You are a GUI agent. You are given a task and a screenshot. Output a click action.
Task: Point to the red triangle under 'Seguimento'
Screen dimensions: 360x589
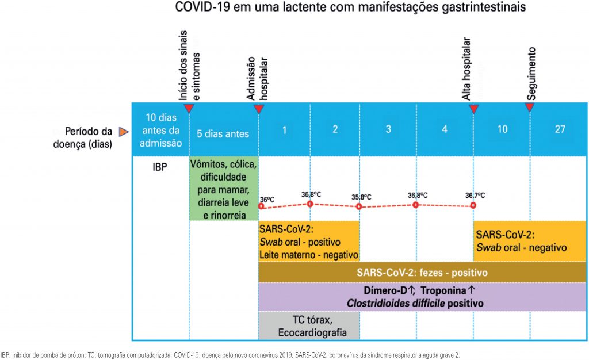(x=530, y=108)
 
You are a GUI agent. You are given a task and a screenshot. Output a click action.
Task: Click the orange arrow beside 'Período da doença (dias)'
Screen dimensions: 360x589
(x=123, y=133)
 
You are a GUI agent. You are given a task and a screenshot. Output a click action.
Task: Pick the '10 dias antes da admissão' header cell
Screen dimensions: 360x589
(x=161, y=130)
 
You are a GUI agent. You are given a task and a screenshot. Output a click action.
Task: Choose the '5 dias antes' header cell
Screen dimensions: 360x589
(x=224, y=133)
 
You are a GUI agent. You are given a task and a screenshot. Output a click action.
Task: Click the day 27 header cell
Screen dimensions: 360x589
(x=560, y=129)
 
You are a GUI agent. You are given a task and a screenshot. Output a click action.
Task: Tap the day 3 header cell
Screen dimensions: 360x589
(x=388, y=129)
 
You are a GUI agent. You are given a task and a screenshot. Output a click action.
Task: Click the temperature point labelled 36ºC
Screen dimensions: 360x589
(x=260, y=206)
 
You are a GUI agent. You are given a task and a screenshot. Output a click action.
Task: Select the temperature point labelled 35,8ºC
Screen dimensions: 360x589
(x=359, y=206)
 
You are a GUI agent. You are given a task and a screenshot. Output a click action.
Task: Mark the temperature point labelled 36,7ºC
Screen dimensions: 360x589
(x=473, y=205)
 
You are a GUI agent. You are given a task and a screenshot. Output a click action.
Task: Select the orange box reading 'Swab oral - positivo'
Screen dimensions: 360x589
(x=309, y=240)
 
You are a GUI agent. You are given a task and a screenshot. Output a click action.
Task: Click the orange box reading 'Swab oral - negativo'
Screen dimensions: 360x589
(x=529, y=240)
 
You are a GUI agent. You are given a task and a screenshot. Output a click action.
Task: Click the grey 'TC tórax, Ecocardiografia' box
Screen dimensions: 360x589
(x=309, y=326)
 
